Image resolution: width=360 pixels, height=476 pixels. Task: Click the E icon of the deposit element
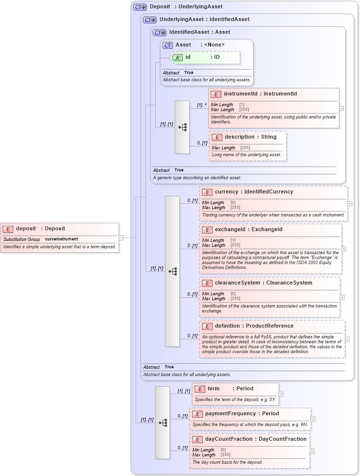8,229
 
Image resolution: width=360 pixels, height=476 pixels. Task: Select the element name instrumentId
241,94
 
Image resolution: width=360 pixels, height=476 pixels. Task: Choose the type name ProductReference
269,326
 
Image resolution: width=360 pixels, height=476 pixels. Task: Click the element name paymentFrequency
230,414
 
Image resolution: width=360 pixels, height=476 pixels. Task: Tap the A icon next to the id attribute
177,57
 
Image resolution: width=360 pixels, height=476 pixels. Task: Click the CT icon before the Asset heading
168,45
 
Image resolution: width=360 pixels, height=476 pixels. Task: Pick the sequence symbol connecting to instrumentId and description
182,127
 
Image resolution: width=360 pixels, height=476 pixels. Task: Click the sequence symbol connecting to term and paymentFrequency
163,422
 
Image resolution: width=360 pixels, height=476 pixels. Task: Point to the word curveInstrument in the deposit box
61,239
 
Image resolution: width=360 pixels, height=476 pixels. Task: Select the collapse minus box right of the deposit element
121,238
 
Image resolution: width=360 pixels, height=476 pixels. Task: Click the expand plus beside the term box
281,394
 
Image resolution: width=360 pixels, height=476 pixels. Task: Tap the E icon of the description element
217,137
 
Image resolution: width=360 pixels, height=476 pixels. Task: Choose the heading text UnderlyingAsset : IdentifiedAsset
204,20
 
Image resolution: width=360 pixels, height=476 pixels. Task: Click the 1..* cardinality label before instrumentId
202,105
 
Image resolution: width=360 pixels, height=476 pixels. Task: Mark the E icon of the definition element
207,326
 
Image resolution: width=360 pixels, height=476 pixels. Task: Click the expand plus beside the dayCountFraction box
312,451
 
